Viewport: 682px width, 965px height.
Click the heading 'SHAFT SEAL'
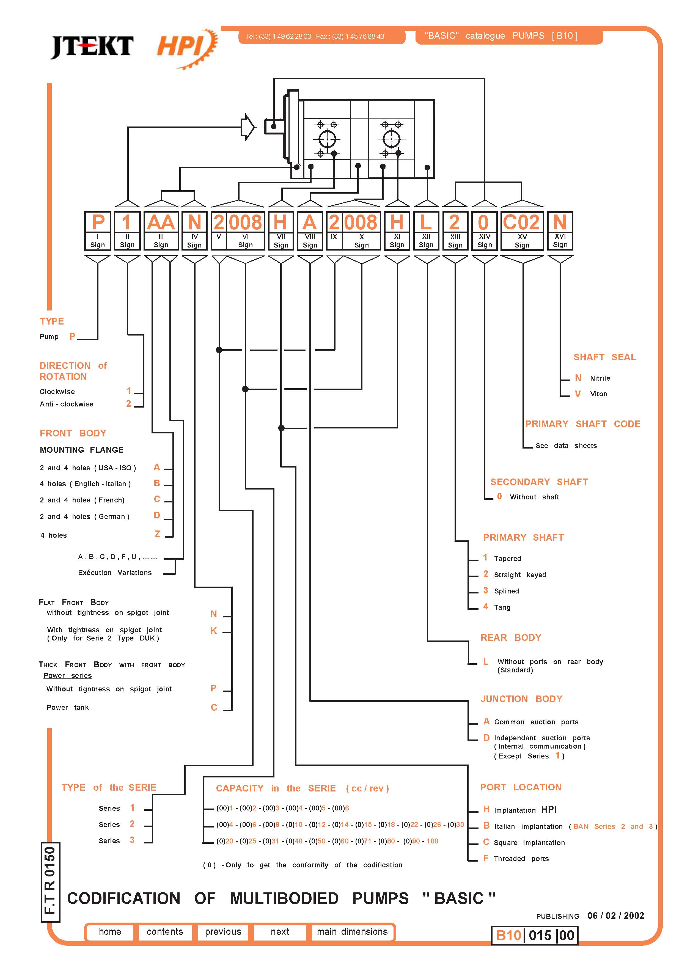[x=605, y=357]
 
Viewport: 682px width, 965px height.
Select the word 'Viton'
[x=598, y=394]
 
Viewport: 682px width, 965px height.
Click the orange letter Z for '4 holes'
[x=157, y=534]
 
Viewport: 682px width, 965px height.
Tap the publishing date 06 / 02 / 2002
[x=616, y=915]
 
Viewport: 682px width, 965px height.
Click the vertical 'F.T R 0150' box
[x=50, y=882]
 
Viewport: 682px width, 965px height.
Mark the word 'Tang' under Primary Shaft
[x=502, y=607]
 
